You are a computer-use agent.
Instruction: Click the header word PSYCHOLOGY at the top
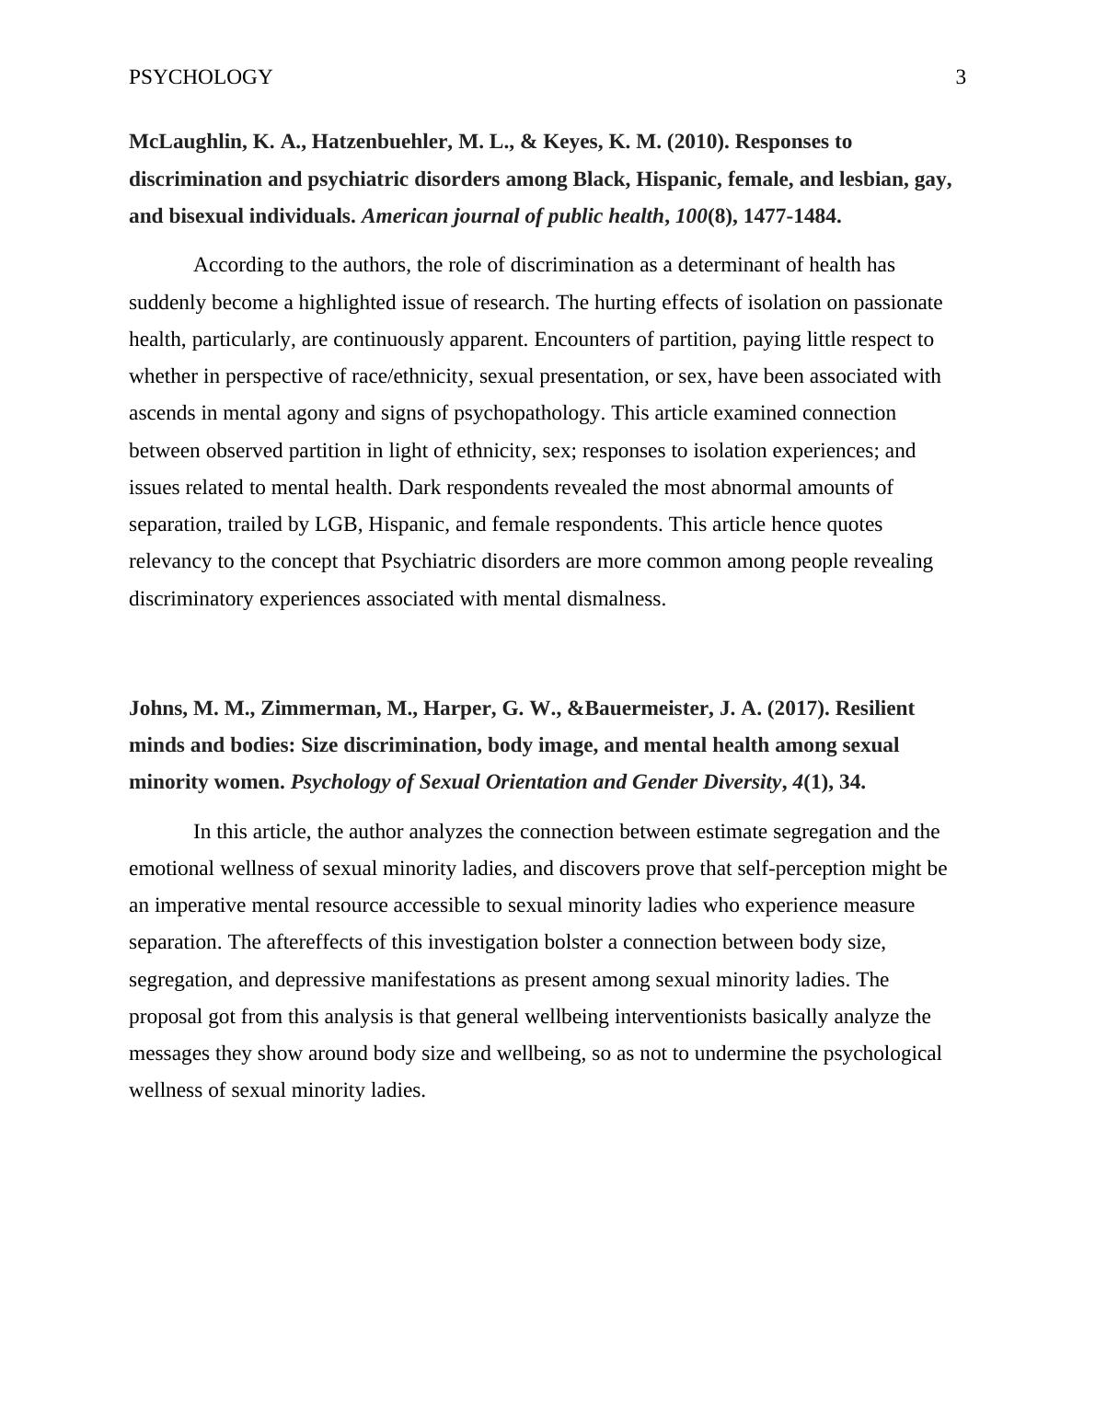pos(201,77)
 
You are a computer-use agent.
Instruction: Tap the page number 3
pos(961,77)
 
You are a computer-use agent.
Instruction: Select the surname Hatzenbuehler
pos(383,142)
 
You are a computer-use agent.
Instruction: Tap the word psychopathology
pos(527,413)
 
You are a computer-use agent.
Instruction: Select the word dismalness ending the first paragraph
pos(617,599)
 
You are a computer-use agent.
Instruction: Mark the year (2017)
pos(799,708)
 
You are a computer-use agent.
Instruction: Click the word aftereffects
pos(282,942)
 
